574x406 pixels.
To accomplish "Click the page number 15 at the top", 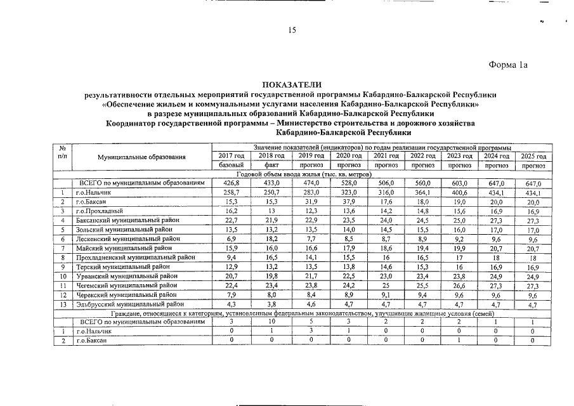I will point(292,30).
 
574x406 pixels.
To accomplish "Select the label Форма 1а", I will point(508,64).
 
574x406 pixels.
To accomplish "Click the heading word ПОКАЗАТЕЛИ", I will point(292,85).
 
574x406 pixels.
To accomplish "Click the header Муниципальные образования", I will point(141,157).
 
